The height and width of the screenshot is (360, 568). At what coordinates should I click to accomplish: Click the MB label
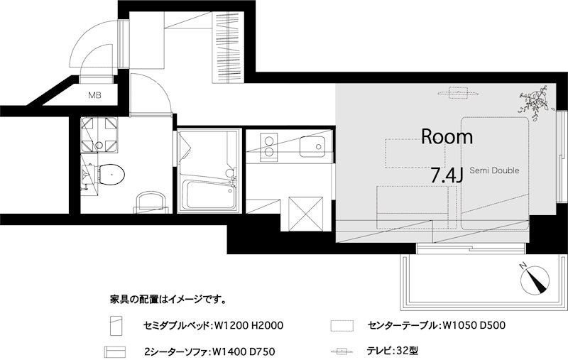(94, 94)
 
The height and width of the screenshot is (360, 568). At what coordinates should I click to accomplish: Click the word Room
(447, 137)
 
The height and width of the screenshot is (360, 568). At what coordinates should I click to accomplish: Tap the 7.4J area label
(447, 175)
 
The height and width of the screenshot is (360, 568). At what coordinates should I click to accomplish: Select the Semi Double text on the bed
(493, 170)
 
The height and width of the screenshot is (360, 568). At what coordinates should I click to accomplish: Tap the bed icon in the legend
(114, 326)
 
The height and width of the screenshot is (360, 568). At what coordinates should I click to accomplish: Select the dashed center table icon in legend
(342, 326)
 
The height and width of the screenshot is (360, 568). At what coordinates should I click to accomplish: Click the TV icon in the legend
(342, 351)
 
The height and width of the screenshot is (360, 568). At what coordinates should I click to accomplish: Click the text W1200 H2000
(248, 326)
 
